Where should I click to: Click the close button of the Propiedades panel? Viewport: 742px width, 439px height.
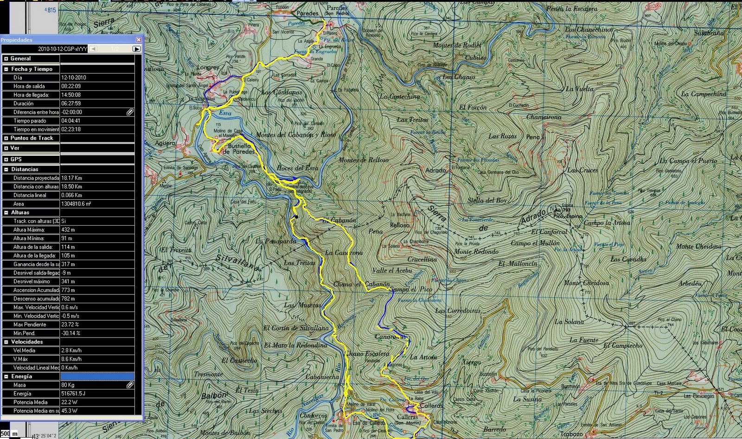click(138, 40)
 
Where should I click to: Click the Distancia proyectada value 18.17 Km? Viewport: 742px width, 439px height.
click(72, 178)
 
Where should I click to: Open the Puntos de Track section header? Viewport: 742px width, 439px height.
click(32, 138)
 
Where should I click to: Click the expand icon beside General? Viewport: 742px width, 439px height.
click(6, 59)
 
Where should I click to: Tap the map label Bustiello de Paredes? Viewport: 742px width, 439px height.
click(239, 148)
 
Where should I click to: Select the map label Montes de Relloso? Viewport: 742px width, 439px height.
click(364, 160)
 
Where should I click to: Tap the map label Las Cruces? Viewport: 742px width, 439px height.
click(582, 170)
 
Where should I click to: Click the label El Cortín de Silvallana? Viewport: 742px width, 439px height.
click(296, 328)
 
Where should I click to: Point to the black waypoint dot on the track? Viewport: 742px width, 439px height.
click(296, 216)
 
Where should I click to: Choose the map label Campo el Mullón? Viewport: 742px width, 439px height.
click(535, 243)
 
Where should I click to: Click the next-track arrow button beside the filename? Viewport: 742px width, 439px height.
click(136, 49)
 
